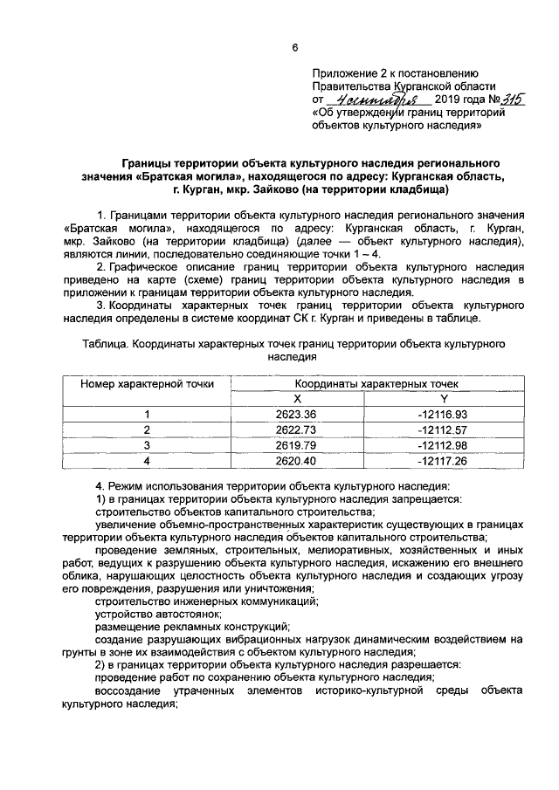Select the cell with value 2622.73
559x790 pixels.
[x=295, y=429]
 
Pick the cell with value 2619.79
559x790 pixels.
[x=295, y=444]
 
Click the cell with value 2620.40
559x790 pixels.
[x=295, y=460]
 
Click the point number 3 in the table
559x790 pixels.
[x=148, y=444]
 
